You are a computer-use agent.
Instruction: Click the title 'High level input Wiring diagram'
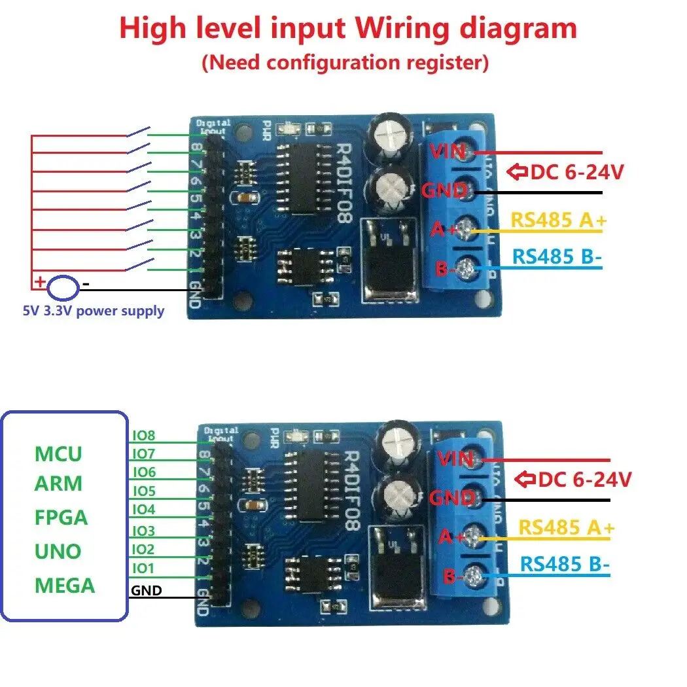[348, 29]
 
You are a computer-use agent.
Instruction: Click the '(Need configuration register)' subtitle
[345, 63]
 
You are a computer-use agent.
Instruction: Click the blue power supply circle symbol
[64, 286]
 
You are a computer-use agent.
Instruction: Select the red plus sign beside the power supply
[40, 283]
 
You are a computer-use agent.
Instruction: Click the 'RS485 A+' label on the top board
[558, 220]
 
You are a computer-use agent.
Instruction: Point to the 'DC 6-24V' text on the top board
[576, 173]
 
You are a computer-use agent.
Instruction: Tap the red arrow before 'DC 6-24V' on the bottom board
[525, 480]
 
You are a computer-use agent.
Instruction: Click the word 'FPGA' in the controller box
[61, 518]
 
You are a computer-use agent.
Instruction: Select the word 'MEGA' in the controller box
[64, 585]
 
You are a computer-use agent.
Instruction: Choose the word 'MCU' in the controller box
[58, 453]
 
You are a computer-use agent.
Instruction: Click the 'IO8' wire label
[143, 434]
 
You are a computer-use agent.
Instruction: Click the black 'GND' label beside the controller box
[147, 591]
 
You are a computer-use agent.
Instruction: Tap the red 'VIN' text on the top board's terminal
[448, 151]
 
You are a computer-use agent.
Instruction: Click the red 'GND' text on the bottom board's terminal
[452, 499]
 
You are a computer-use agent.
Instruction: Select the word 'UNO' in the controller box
[58, 551]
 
